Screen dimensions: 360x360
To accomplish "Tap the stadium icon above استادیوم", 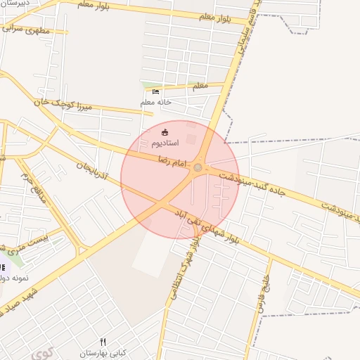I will point(165,132).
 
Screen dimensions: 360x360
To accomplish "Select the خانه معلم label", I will point(155,103).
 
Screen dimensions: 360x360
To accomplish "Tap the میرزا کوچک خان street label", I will point(62,105).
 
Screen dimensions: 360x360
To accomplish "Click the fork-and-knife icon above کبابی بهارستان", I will point(103,341).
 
